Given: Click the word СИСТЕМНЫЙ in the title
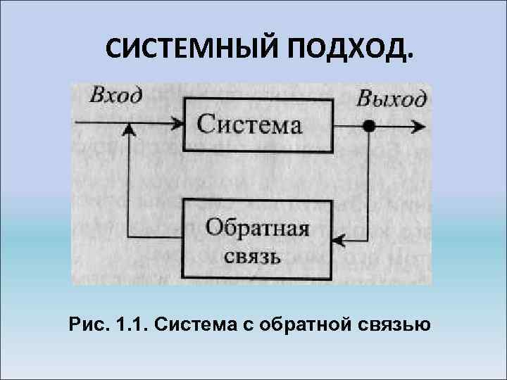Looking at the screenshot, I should point(184,49).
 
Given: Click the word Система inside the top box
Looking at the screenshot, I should point(249,125).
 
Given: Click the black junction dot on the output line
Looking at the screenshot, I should point(369,127).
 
